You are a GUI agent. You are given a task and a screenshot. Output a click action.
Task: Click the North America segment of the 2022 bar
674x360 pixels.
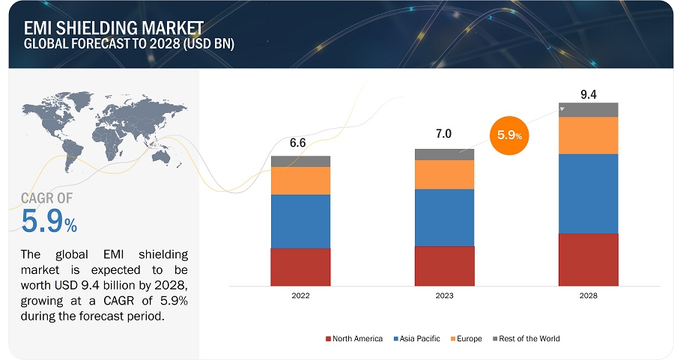tap(300, 267)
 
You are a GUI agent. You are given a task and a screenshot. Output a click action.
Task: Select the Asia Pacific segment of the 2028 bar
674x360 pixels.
tap(588, 193)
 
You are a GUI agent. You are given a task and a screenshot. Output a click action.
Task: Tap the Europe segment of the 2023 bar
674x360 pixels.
tap(444, 174)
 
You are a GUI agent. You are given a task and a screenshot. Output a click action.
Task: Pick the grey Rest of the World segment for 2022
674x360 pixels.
tap(300, 161)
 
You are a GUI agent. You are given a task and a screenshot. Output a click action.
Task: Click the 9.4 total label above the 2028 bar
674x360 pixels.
tap(588, 94)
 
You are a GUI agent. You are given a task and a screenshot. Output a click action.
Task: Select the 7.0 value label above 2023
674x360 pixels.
tap(444, 135)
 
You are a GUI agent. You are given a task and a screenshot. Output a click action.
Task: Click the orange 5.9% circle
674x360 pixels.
tap(510, 135)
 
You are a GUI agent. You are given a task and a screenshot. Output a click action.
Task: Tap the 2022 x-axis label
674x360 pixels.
tap(300, 296)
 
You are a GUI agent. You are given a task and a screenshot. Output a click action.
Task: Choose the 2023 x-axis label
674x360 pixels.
tap(444, 296)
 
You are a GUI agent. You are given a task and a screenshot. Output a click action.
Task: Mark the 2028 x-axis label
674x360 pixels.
tap(588, 296)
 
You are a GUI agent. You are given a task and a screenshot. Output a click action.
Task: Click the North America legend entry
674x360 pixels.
tap(353, 339)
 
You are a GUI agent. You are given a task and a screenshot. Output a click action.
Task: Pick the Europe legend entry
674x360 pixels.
tap(466, 339)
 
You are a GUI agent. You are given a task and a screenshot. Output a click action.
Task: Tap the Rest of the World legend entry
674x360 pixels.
tap(527, 339)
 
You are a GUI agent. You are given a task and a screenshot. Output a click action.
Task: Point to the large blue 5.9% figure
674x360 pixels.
tap(49, 222)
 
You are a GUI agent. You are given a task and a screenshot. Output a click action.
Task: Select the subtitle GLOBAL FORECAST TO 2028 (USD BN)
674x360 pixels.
tap(128, 43)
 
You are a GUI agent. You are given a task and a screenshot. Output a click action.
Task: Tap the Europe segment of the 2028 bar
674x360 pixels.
tap(588, 135)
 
